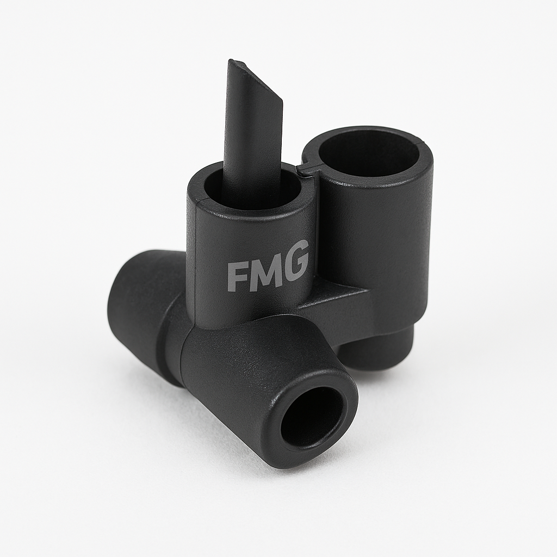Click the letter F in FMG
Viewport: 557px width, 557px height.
(236, 277)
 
